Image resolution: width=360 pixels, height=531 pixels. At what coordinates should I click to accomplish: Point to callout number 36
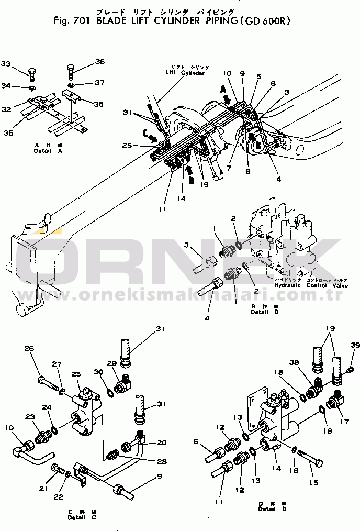coord(100,61)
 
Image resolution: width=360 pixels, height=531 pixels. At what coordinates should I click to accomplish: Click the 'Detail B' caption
coord(260,312)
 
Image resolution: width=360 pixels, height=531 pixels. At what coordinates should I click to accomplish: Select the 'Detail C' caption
coord(82,517)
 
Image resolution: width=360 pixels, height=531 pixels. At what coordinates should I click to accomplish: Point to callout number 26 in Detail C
coord(29,349)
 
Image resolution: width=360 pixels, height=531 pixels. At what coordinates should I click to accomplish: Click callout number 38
coord(295,361)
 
